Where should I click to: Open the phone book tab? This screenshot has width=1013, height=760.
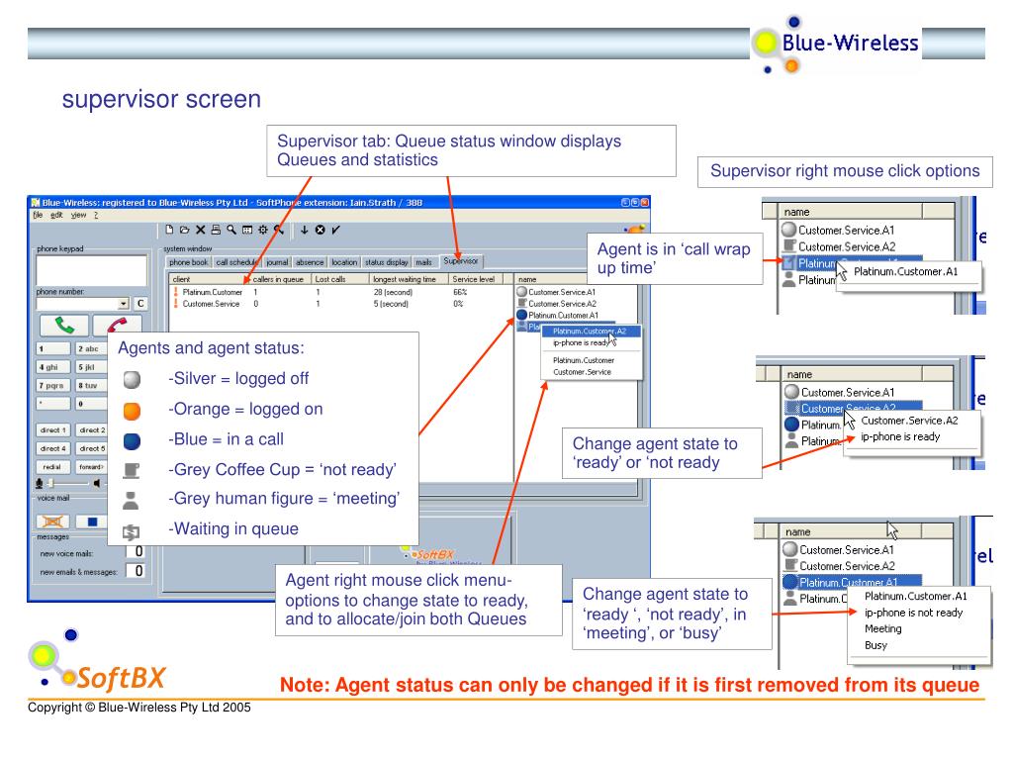188,262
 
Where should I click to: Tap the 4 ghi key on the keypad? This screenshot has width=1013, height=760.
49,367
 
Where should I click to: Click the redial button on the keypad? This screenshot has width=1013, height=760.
49,466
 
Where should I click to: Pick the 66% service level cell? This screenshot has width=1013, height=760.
460,292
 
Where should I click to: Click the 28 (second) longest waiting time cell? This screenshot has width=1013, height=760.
391,292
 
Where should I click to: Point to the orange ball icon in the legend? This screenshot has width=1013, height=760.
133,410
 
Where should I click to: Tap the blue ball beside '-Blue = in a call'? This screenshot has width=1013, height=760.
133,440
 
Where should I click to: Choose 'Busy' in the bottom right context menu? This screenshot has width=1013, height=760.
875,645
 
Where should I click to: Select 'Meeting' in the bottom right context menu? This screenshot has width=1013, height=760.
882,628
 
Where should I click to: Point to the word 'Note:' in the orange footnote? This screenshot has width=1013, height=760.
307,684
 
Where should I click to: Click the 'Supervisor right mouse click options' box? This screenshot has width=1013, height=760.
844,171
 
